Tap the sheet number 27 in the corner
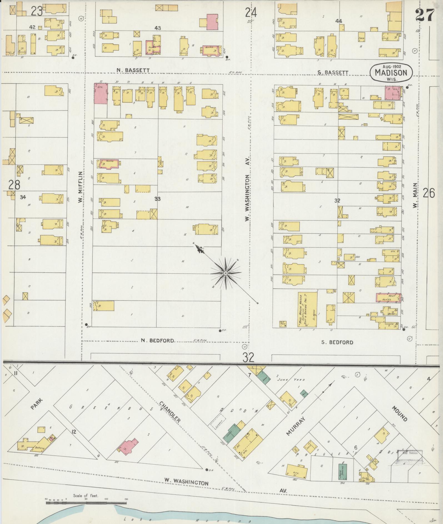424,15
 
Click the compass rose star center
226,274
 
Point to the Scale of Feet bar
86,308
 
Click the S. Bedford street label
337,342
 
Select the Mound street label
399,413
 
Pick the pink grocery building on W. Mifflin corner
101,94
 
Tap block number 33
157,199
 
